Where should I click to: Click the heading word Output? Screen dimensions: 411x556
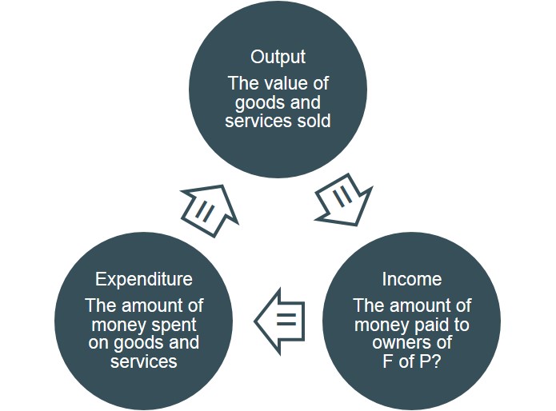278,58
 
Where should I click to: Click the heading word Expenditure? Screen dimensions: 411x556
144,279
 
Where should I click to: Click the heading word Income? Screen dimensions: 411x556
411,279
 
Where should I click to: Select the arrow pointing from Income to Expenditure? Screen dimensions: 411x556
282,321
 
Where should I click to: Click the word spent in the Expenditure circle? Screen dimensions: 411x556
177,325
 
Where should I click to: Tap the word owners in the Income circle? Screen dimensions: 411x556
398,343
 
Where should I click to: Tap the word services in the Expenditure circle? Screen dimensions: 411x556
144,361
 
